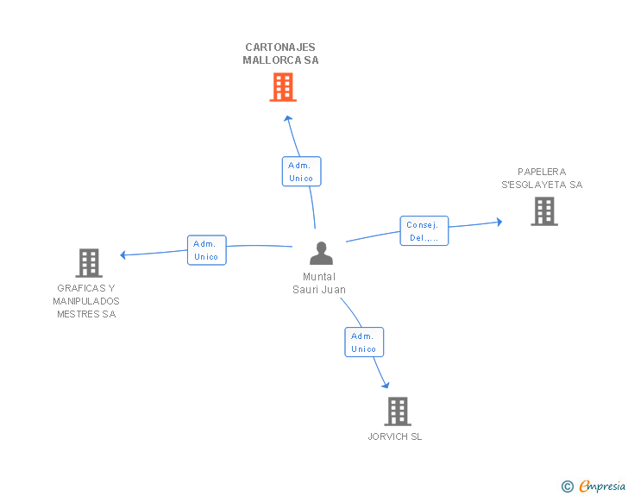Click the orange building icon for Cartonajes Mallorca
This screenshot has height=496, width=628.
pos(283,87)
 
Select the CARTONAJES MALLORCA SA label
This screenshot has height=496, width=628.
pos(280,53)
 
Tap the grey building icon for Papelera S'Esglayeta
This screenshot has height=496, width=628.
pos(543,210)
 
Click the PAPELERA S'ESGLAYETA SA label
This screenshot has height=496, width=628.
pos(542,178)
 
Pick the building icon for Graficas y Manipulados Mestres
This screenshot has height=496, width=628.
pos(89,262)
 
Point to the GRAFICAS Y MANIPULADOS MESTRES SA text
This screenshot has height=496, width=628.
pos(86,301)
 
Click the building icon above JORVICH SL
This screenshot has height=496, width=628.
pos(397,411)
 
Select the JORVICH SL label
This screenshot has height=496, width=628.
pos(395,436)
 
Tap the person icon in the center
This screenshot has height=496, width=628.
pos(321,254)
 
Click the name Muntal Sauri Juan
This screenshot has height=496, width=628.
pos(319,283)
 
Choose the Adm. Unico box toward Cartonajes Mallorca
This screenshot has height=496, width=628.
pos(301,171)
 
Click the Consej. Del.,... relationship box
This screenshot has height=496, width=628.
pos(424,230)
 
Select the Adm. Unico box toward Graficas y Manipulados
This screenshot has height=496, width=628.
pos(206,249)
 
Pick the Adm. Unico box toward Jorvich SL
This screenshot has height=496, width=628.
pos(363,342)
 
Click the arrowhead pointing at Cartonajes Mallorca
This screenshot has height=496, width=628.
pos(288,117)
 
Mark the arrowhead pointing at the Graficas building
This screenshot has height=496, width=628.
pos(124,254)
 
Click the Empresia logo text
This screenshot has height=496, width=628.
pos(601,486)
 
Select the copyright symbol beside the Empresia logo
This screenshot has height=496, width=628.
pos(567,487)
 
